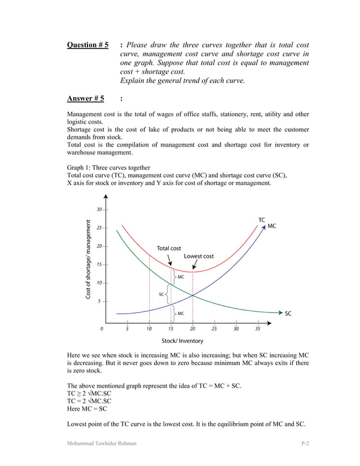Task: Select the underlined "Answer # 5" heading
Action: (x=85, y=99)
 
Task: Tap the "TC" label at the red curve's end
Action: (x=262, y=219)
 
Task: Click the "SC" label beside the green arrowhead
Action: (x=288, y=313)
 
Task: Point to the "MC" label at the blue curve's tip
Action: (x=271, y=226)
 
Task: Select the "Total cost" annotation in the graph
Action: (x=169, y=248)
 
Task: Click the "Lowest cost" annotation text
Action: (x=199, y=256)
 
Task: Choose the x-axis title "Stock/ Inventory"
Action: (x=182, y=341)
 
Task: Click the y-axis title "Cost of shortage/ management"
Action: (x=88, y=260)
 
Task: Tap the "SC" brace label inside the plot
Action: (x=161, y=294)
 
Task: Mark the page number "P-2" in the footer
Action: (x=305, y=444)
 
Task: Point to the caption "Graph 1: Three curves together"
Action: (x=108, y=168)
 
